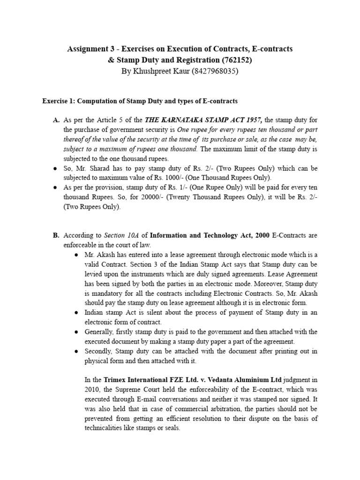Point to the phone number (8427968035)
(212, 71)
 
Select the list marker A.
(56, 120)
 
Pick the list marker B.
(56, 235)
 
